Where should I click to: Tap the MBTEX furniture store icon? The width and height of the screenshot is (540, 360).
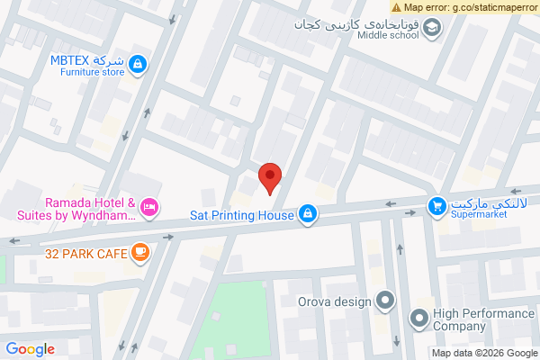(x=138, y=64)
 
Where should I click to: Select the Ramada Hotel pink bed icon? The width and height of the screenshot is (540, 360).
(x=149, y=208)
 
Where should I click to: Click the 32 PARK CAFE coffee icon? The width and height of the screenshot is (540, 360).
(x=139, y=253)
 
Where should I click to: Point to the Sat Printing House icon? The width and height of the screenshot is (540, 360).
(x=308, y=214)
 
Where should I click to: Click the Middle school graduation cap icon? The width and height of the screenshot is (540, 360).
(x=433, y=29)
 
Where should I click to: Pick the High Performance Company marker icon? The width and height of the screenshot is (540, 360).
(x=418, y=318)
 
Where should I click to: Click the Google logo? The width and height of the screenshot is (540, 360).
(x=31, y=350)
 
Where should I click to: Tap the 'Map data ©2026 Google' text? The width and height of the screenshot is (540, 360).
(x=483, y=353)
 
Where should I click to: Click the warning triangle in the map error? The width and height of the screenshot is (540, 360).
(x=397, y=6)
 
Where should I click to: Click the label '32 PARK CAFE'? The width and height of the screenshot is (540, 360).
(x=86, y=254)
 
